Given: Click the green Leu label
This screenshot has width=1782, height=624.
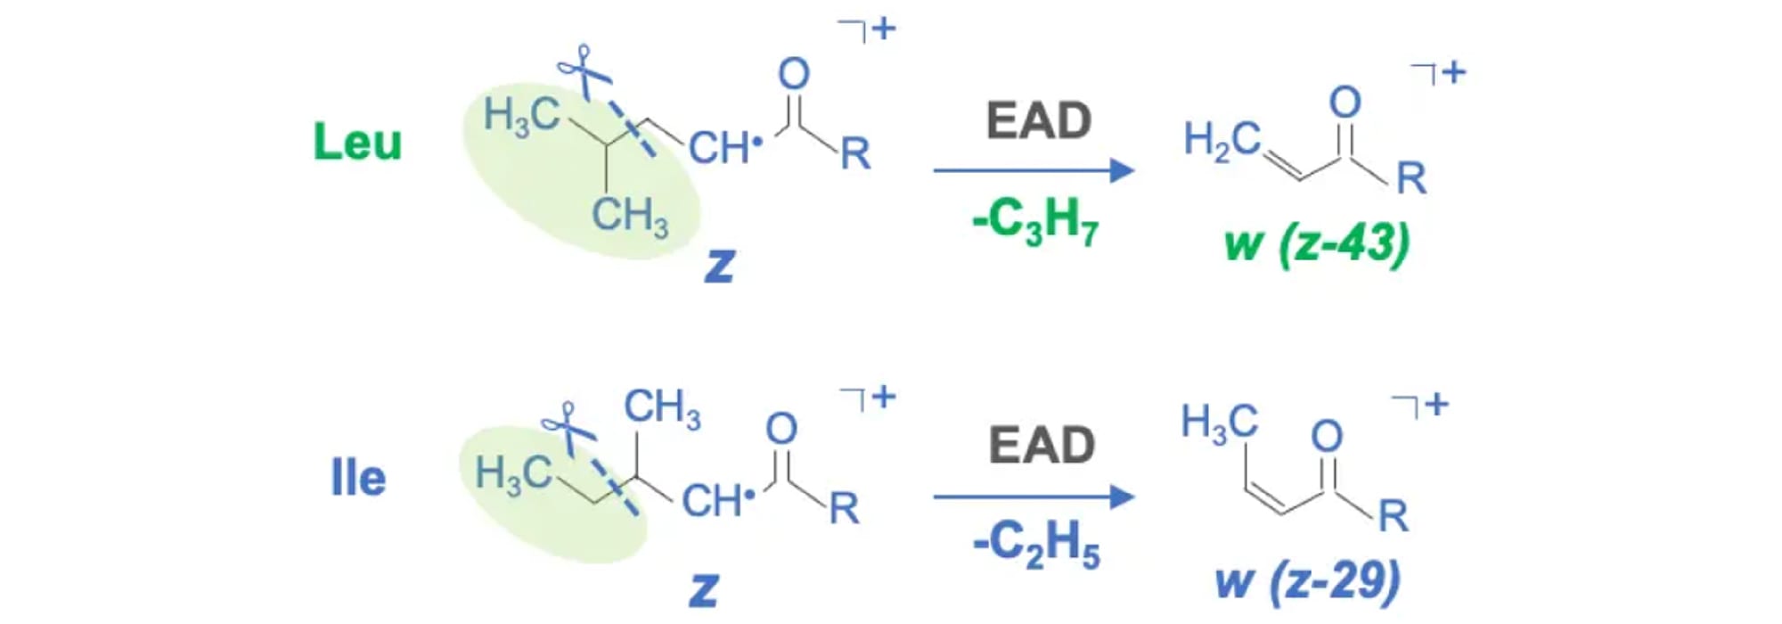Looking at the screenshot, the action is coord(357,142).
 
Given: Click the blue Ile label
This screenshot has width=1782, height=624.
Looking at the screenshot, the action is coord(358,479).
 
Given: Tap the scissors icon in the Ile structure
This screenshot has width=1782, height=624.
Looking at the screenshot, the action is coord(568,426).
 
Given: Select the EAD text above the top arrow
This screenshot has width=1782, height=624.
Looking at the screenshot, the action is coord(1039,120).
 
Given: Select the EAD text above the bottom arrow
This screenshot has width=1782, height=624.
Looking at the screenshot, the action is coord(1042,444).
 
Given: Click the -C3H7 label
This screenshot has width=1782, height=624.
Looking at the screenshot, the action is coord(1035,220).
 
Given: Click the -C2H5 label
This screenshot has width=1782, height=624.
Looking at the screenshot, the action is coord(1036,543).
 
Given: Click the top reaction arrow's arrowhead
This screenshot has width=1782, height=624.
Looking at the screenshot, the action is coord(1122,170).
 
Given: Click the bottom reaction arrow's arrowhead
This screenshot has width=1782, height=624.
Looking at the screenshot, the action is coord(1122,497).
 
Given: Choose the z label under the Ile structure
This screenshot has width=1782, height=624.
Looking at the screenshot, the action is coord(704,590).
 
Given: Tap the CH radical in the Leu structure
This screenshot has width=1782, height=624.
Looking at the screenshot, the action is coord(725,148).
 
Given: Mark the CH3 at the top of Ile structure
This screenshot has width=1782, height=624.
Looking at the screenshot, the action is coord(662,408).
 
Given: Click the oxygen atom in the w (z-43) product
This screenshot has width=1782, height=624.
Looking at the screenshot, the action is coord(1345,103).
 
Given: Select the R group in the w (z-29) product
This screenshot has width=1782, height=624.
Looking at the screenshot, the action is coord(1394,516).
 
